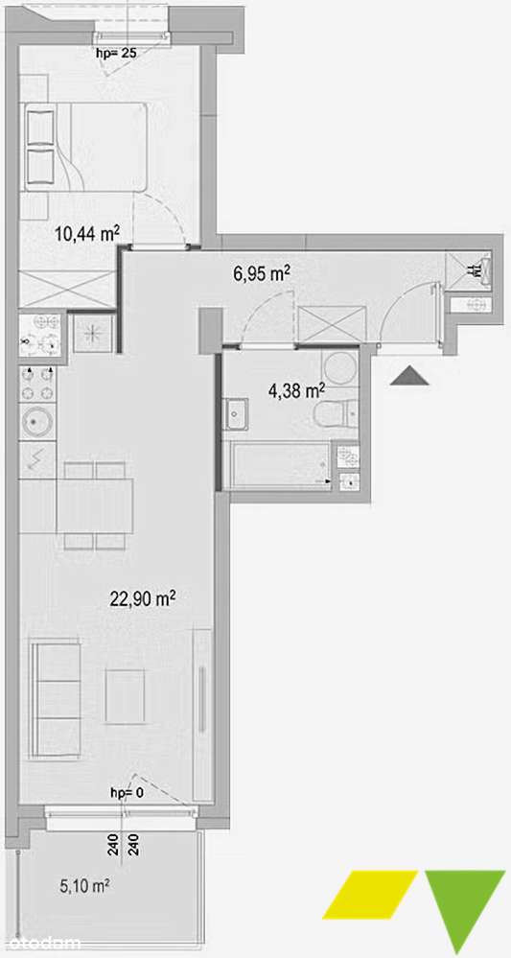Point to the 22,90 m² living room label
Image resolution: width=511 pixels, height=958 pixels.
[x=141, y=599]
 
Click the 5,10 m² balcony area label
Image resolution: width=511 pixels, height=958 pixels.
[x=83, y=886]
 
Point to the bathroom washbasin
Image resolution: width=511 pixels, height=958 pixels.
[x=237, y=415]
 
